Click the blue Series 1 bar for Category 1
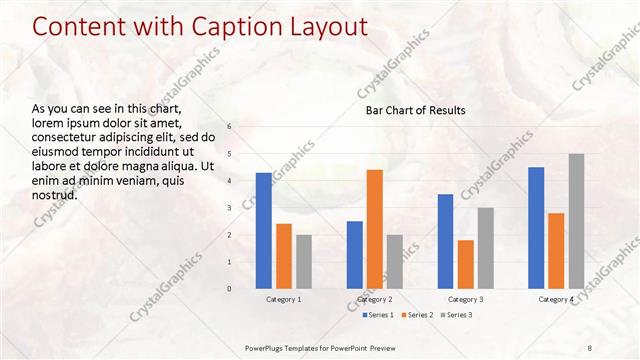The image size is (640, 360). coord(263,231)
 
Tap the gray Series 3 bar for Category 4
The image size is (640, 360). coord(576,221)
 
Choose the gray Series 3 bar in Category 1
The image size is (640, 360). coord(303,262)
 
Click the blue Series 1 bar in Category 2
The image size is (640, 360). coord(354,255)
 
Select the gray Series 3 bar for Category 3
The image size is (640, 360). coord(485,248)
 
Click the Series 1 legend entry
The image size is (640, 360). coord(377,315)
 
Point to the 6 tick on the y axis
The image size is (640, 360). coord(229,127)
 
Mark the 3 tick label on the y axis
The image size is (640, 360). coord(229,208)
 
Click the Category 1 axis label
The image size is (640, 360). coord(283,299)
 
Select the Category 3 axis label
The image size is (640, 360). coord(465,299)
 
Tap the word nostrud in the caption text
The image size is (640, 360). coord(55,194)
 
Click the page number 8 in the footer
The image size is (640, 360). coord(590,346)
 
